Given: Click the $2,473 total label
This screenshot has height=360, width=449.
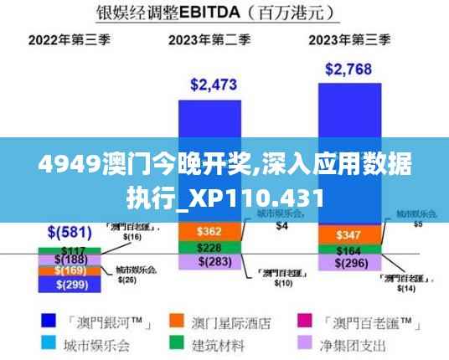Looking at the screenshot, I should pyautogui.click(x=214, y=84).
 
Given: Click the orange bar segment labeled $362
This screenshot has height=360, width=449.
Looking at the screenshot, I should pyautogui.click(x=209, y=230).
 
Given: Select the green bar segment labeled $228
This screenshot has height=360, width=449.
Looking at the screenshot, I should pyautogui.click(x=209, y=247).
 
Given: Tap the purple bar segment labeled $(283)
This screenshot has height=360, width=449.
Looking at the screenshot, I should pyautogui.click(x=209, y=263).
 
